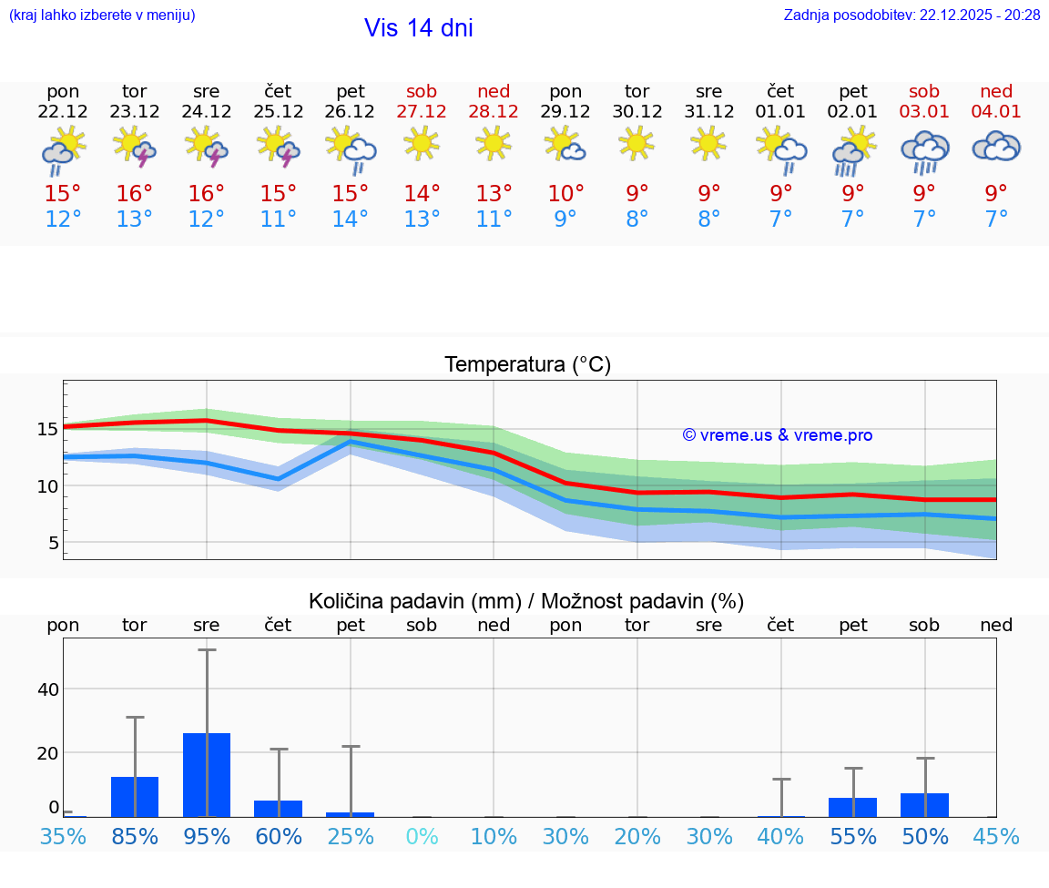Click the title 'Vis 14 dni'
click(x=418, y=28)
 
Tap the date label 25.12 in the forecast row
click(x=278, y=112)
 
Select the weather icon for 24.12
click(x=206, y=147)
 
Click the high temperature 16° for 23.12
click(x=134, y=194)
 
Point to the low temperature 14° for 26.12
click(x=350, y=219)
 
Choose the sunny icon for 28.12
click(x=494, y=143)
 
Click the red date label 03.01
click(x=924, y=112)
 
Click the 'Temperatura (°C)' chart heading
click(x=527, y=365)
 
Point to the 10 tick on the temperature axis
click(x=47, y=486)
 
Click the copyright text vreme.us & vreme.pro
click(x=778, y=435)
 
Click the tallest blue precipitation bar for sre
click(x=207, y=775)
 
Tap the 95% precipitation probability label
click(x=207, y=837)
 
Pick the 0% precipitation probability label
click(x=422, y=837)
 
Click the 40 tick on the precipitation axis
click(x=47, y=689)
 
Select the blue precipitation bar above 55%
click(x=852, y=808)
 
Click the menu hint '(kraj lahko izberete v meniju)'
click(x=102, y=15)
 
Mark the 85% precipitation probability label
click(x=135, y=837)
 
